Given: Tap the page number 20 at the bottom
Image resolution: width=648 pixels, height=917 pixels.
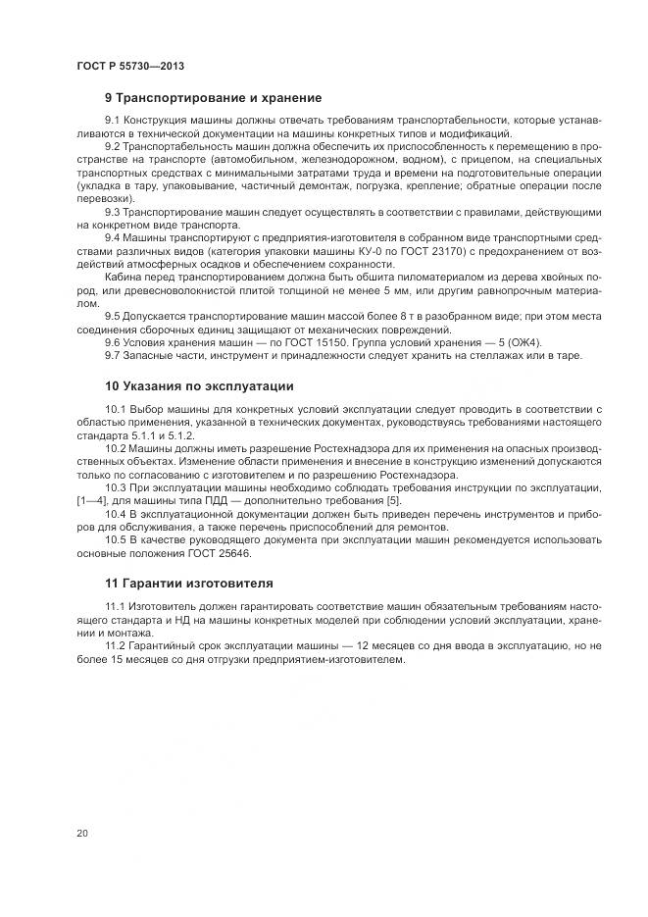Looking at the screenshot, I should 81,834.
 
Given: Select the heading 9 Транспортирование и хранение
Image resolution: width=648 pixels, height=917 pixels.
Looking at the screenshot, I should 213,98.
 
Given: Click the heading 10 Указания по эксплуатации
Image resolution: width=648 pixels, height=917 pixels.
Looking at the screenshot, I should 199,385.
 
